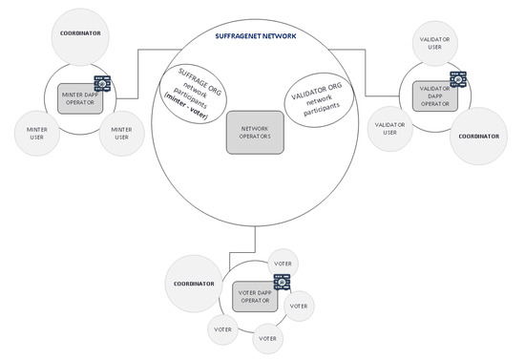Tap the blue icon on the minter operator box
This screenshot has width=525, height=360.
(x=101, y=83)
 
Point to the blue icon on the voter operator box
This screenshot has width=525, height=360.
(x=282, y=281)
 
